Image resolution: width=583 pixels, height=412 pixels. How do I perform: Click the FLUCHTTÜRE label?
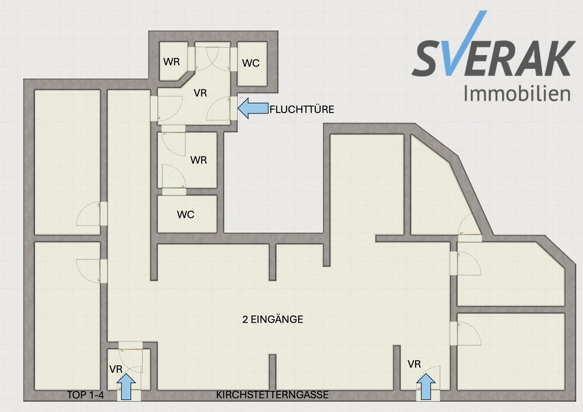302,109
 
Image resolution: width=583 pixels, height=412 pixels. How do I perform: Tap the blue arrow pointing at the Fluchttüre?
253,108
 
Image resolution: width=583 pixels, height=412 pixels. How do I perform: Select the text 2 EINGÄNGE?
273,319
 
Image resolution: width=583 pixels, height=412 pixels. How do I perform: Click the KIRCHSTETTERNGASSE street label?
272,394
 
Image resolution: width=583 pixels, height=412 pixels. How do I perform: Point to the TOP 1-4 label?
85,395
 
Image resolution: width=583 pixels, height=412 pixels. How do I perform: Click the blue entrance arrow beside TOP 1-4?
126,386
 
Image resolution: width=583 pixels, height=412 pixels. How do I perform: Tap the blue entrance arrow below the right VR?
426,386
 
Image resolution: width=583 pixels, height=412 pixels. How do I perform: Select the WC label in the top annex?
251,63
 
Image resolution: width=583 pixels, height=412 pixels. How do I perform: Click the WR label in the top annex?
171,61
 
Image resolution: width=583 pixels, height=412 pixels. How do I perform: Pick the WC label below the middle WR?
186,215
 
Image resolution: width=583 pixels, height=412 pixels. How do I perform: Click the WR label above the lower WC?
199,160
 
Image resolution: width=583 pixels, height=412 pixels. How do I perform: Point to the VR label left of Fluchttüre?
200,93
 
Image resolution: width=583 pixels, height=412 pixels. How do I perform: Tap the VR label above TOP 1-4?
116,369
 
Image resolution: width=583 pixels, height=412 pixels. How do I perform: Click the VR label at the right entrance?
414,364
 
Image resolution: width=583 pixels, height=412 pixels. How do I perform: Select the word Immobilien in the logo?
517,93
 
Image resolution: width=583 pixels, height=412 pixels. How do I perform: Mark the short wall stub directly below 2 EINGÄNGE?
273,372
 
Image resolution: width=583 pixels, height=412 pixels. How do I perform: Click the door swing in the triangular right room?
469,225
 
